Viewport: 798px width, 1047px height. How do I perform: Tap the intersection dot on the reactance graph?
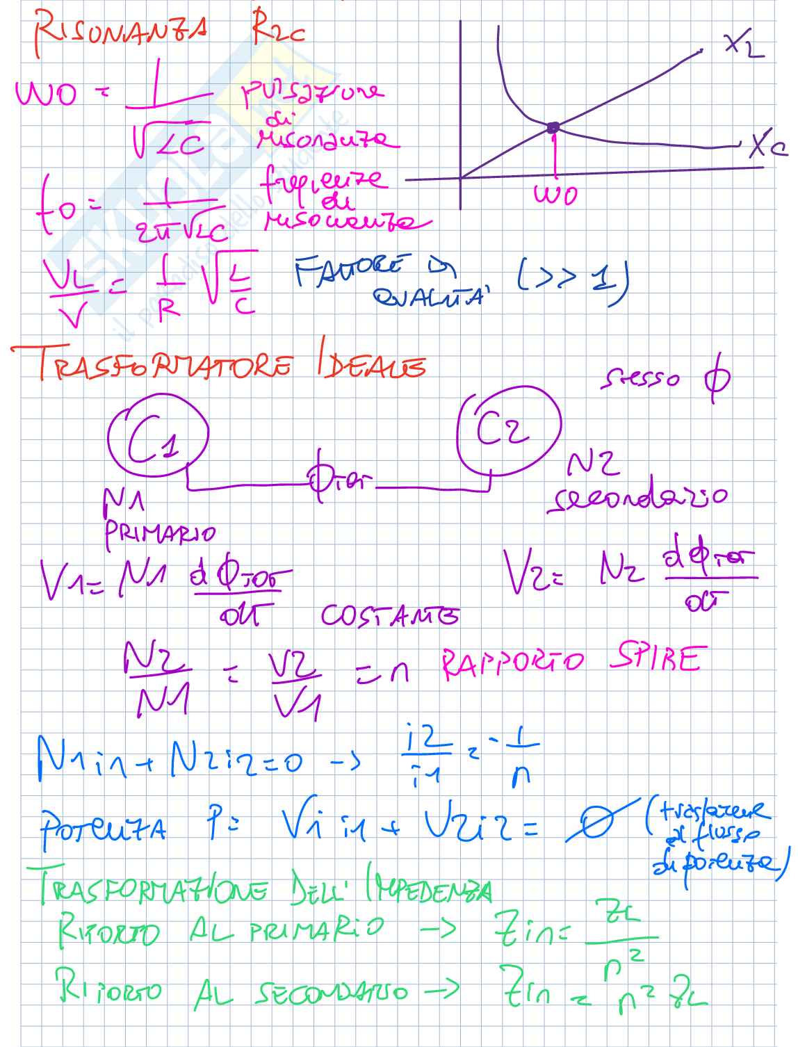point(553,127)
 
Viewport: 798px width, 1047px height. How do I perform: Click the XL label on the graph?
point(743,45)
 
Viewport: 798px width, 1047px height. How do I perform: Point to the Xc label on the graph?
point(767,147)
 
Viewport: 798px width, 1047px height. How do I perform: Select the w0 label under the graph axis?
point(555,194)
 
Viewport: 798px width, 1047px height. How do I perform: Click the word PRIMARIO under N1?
point(160,533)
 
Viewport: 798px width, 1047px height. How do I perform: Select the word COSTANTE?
point(389,616)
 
